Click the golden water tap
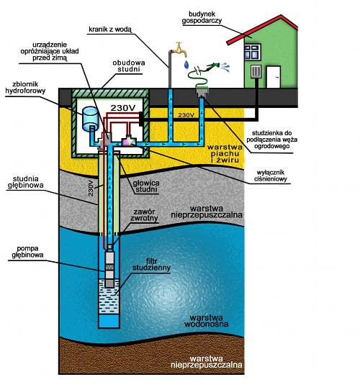[x=180, y=50]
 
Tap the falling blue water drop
[x=186, y=64]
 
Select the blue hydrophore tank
[x=90, y=119]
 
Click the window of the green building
[x=253, y=52]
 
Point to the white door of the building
[x=273, y=77]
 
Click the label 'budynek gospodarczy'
[x=202, y=17]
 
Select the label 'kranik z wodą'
[x=110, y=29]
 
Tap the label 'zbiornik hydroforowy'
[x=25, y=88]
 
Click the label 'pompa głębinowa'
[x=27, y=252]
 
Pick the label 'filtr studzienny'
[x=151, y=264]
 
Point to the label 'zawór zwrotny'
[x=144, y=215]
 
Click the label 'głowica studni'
[x=146, y=186]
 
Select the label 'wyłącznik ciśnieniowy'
[x=271, y=176]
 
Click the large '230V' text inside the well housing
[x=123, y=108]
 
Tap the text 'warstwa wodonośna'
[x=207, y=321]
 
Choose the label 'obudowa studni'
[x=129, y=65]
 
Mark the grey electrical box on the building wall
[x=256, y=71]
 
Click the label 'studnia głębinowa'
[x=26, y=182]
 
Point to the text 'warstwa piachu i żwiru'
[x=225, y=153]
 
